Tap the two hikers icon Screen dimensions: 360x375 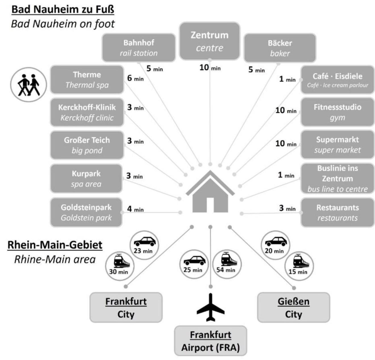tap(28, 85)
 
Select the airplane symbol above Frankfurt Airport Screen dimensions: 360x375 tap(211, 307)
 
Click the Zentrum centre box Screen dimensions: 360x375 tap(210, 41)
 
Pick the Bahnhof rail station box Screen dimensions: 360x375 tap(139, 48)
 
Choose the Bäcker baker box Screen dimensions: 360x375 tap(280, 48)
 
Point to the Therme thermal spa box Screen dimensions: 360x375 tap(87, 80)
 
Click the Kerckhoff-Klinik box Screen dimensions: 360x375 tap(87, 112)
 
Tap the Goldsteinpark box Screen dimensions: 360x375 tap(86, 212)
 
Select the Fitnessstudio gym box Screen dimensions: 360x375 tap(338, 112)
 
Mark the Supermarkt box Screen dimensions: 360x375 tap(338, 145)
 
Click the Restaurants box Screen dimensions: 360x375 tap(338, 213)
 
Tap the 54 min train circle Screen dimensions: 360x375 tap(226, 264)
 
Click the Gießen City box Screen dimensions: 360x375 tap(293, 307)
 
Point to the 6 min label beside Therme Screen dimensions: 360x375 tap(135, 78)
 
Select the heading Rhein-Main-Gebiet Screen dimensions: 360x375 tap(55, 245)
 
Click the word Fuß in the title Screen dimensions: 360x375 tap(105, 9)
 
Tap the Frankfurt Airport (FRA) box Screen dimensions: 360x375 tap(211, 341)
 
